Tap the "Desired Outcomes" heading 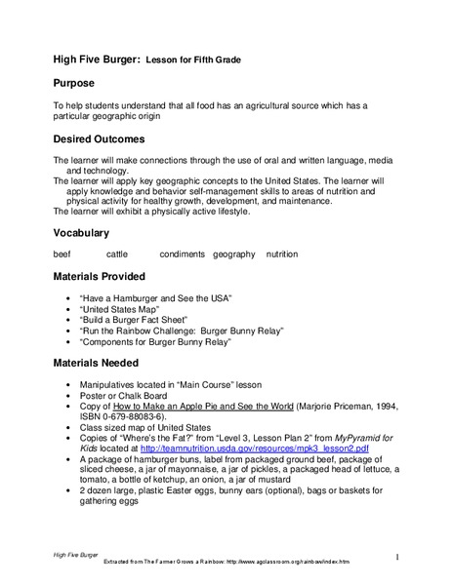pyautogui.click(x=99, y=138)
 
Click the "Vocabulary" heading pyautogui.click(x=81, y=233)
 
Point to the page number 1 pyautogui.click(x=398, y=556)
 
